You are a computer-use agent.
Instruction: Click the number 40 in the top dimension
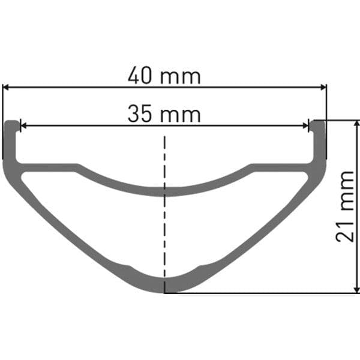[139, 76]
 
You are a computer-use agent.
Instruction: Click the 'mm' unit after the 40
[181, 77]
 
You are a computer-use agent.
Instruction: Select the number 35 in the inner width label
[139, 113]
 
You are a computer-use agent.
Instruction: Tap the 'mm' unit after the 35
[181, 116]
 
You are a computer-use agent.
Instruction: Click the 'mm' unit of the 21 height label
[347, 191]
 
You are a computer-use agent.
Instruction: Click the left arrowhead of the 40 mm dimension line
[5, 87]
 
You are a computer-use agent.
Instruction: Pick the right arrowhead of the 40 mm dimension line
[323, 87]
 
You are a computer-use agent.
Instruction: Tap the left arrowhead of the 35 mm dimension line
[23, 125]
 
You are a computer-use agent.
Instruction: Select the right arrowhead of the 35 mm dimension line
[305, 125]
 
